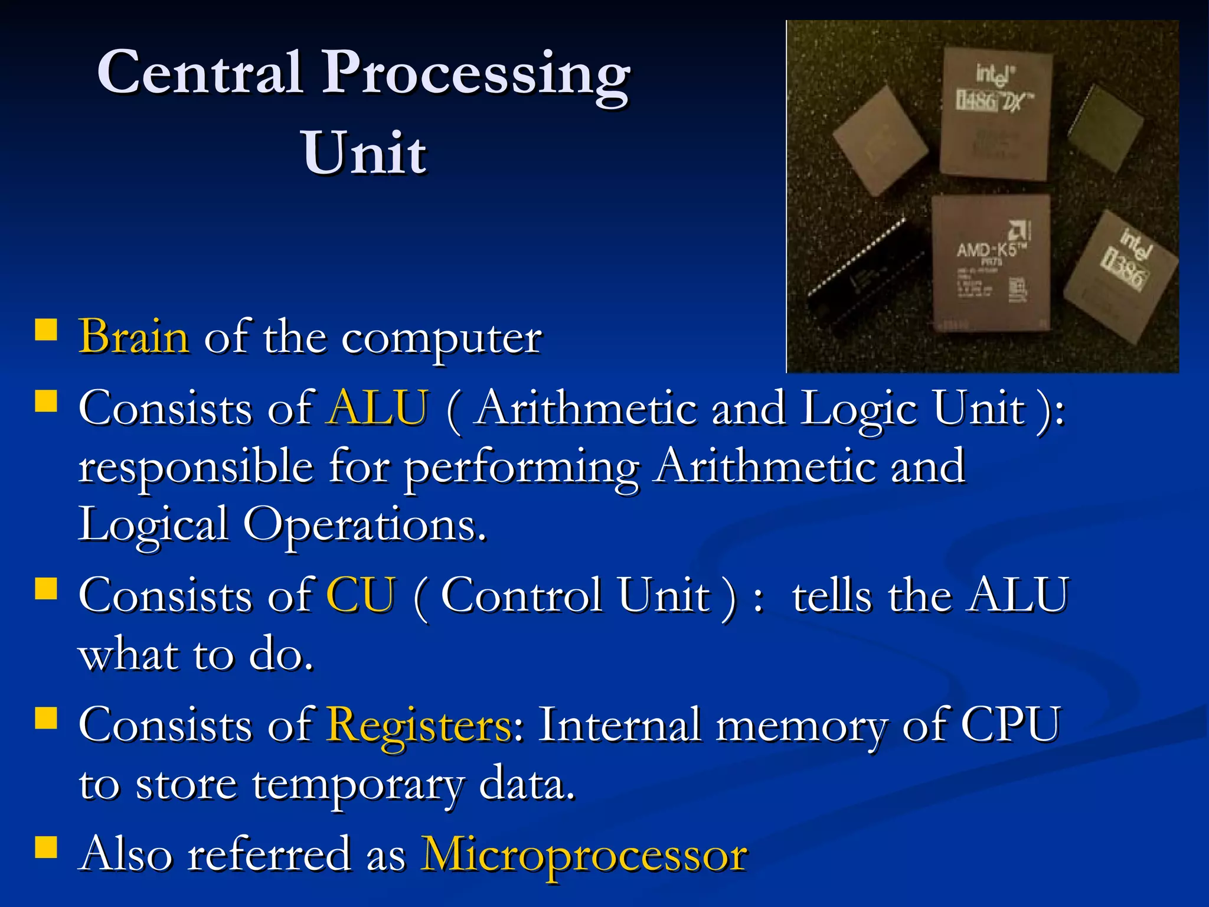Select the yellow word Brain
(134, 337)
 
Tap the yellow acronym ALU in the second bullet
(378, 408)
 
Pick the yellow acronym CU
(361, 595)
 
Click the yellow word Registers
(420, 725)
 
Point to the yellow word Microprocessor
(583, 855)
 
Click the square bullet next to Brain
(46, 331)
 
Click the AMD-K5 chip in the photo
(990, 263)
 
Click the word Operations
(364, 525)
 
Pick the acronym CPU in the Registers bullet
(1011, 725)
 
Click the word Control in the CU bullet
(521, 595)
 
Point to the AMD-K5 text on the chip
(986, 250)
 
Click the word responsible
(195, 467)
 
